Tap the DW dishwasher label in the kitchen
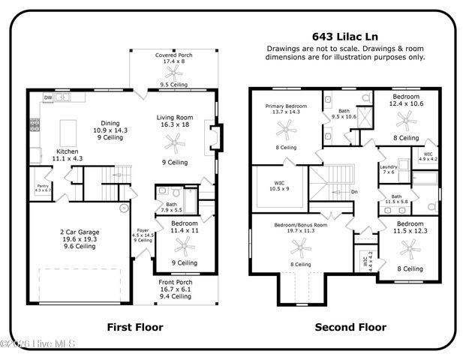[x=48, y=97]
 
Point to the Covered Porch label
[x=174, y=55]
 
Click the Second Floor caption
[x=350, y=327]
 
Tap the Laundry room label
[x=388, y=167]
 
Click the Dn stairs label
[x=354, y=191]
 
